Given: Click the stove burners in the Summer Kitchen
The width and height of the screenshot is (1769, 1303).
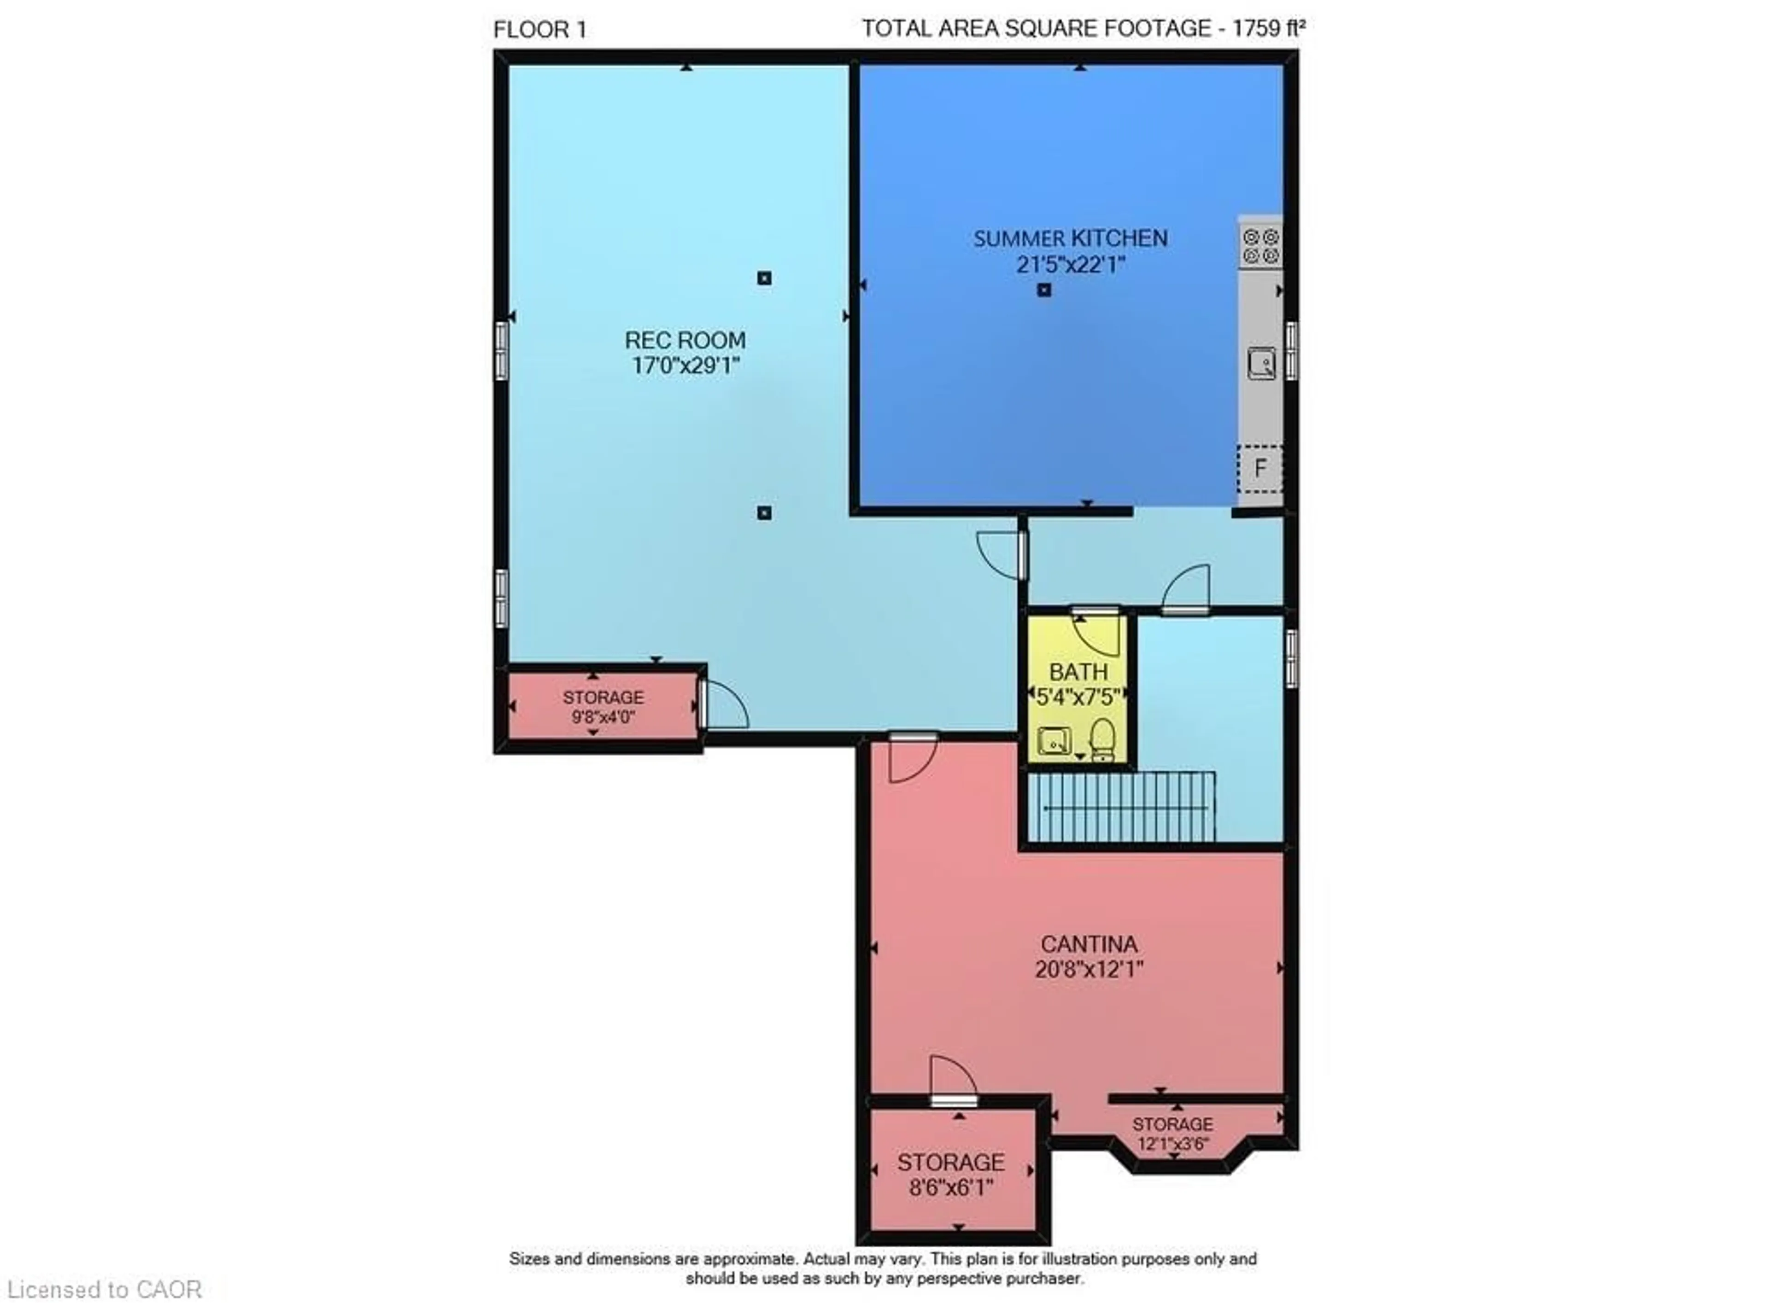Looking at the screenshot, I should pyautogui.click(x=1260, y=245).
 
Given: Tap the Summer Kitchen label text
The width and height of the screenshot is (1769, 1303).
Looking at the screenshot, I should pyautogui.click(x=1069, y=238).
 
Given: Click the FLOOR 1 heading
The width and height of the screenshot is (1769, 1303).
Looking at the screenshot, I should pyautogui.click(x=540, y=30).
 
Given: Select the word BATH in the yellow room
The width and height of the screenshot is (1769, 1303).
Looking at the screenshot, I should pyautogui.click(x=1078, y=672).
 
